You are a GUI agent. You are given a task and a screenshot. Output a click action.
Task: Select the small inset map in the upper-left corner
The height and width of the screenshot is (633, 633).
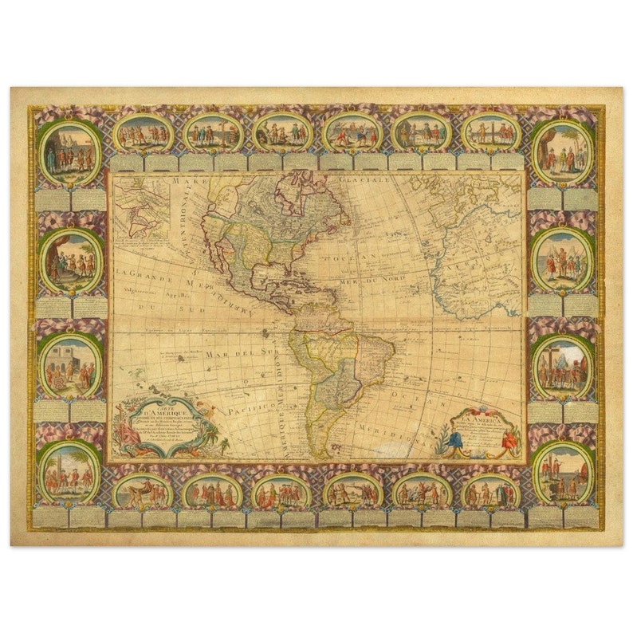coord(140,205)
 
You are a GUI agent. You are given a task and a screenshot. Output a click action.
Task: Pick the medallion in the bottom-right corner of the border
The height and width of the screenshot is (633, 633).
coord(562,471)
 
